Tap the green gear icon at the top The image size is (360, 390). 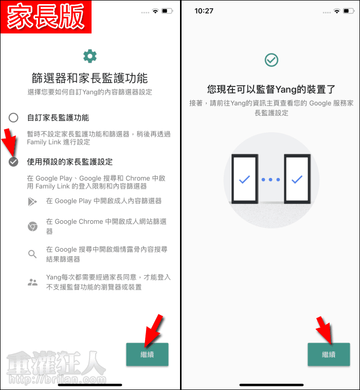(90, 56)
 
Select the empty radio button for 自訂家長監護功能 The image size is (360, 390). (13, 117)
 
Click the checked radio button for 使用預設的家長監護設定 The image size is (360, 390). (13, 162)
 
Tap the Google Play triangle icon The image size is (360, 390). (32, 202)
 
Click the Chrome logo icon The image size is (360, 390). (32, 226)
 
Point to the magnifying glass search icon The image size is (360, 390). (32, 254)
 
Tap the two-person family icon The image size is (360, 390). (32, 282)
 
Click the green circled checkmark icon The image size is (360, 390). (271, 60)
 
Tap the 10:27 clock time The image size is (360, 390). (204, 11)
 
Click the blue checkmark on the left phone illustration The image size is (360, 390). (244, 179)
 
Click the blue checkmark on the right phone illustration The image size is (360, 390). (297, 179)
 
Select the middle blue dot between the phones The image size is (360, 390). (271, 180)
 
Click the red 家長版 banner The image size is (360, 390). (46, 17)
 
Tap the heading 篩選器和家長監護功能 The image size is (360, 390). (90, 78)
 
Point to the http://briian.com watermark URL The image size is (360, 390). (58, 379)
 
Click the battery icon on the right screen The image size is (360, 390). (349, 11)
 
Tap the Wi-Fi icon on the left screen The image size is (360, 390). (155, 11)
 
